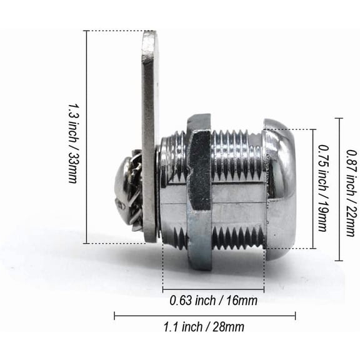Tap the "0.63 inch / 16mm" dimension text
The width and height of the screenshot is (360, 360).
point(214,301)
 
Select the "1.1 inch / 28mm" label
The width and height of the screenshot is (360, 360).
point(204,326)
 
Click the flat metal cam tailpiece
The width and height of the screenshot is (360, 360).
point(151,137)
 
